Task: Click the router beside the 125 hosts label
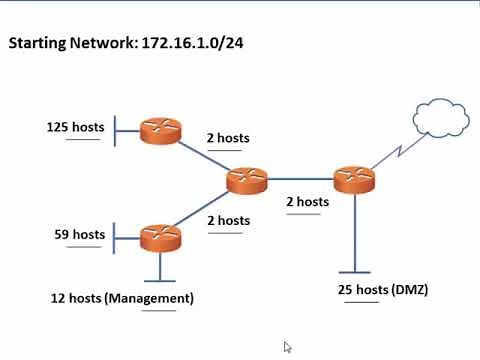point(161,129)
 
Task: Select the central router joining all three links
point(247,181)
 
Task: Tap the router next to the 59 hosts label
point(161,237)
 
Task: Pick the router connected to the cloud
point(354,180)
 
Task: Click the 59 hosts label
point(79,235)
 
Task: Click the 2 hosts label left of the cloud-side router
point(307,202)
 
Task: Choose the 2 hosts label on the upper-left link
point(228,138)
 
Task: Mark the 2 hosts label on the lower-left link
point(228,220)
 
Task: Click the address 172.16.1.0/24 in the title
point(194,45)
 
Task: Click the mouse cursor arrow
point(288,347)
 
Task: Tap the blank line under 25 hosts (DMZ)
point(361,302)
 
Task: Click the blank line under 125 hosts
point(83,140)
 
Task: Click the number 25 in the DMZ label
point(346,290)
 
